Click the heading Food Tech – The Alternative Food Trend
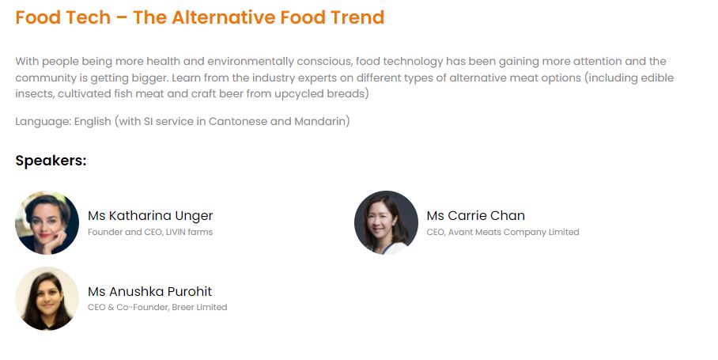199,17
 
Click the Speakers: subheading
51,161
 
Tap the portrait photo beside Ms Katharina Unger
47,222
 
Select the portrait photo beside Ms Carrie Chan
386,222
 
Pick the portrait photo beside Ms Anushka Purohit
47,298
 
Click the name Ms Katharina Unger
150,216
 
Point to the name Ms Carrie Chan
475,216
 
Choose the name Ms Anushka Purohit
149,292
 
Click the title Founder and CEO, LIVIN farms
150,233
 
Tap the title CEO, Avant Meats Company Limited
502,233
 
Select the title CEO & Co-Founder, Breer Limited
157,308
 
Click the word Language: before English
43,122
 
